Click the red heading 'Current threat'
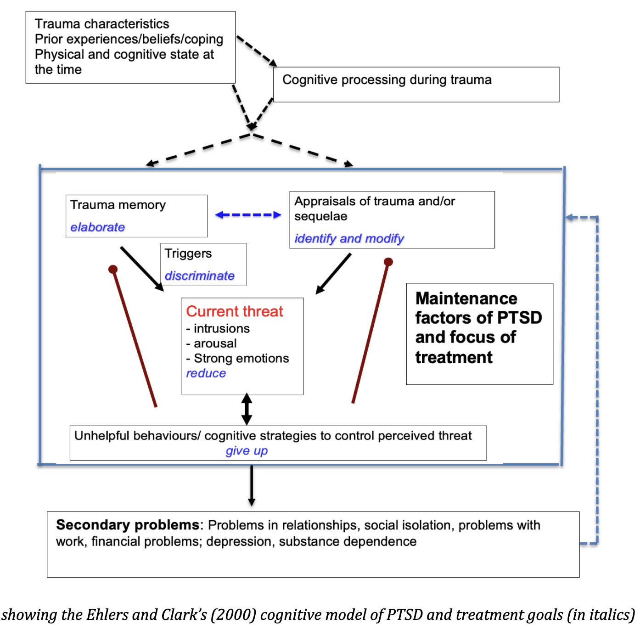235,311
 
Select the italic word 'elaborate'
97,227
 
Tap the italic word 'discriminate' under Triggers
200,276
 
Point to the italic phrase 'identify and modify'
349,239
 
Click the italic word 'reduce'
206,373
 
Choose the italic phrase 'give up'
247,451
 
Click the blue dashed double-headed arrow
248,215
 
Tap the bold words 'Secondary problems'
128,525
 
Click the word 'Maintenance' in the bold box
466,298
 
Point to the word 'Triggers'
188,253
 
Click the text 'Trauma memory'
118,205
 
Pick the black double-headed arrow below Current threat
247,409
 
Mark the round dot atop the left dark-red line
113,270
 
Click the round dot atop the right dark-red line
388,262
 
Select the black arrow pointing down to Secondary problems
252,486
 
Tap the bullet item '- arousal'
212,343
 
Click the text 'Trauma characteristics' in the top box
102,24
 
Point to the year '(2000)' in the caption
234,615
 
